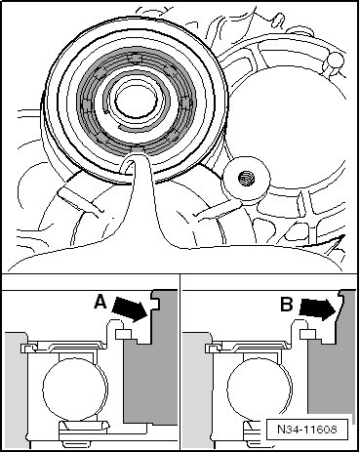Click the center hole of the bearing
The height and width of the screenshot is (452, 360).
click(135, 100)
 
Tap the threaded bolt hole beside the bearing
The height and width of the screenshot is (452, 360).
click(245, 179)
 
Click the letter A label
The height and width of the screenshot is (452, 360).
click(100, 303)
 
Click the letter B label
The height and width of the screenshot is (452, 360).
click(287, 305)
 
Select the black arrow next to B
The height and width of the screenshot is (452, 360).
click(317, 308)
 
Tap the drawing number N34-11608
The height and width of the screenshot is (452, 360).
click(307, 430)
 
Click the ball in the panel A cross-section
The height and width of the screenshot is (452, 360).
click(74, 387)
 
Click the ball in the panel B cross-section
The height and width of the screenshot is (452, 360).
click(260, 387)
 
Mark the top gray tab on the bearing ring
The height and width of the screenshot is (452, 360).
click(135, 58)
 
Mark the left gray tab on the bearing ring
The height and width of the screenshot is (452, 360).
click(86, 105)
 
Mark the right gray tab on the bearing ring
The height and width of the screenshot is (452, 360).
click(185, 104)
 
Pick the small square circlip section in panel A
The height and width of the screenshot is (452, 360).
click(124, 334)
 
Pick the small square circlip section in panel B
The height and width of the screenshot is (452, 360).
click(308, 334)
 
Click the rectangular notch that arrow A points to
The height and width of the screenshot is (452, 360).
click(156, 304)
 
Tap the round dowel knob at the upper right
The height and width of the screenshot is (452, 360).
click(333, 62)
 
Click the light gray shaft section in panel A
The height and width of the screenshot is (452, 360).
click(14, 390)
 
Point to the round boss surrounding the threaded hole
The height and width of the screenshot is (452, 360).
click(246, 179)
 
